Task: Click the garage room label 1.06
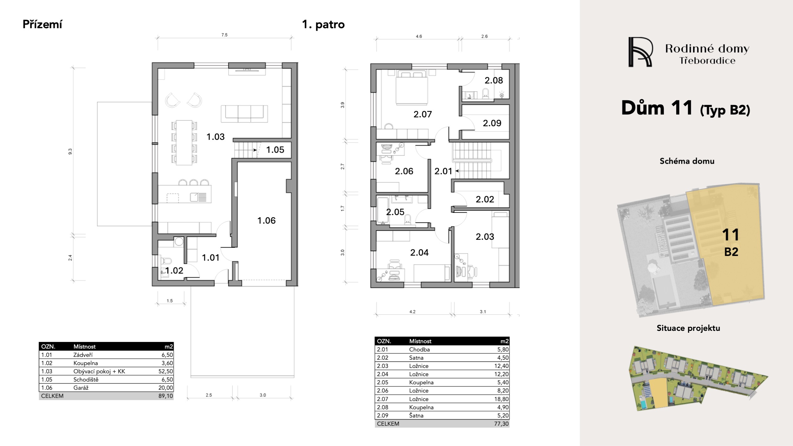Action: (x=266, y=220)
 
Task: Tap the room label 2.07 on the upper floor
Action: (x=423, y=114)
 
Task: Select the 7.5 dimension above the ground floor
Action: (x=225, y=35)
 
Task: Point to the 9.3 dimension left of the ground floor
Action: (x=70, y=152)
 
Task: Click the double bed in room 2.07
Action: (x=412, y=88)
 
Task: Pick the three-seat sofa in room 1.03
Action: (x=244, y=114)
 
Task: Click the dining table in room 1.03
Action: (x=184, y=142)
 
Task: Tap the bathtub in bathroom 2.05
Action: (x=383, y=210)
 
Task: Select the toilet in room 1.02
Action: (x=166, y=261)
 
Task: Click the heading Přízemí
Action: (x=43, y=24)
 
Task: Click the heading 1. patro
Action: (x=323, y=24)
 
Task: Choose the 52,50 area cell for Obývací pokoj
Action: (x=166, y=371)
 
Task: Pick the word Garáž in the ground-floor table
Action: (x=81, y=388)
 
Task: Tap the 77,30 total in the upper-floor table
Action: (x=501, y=423)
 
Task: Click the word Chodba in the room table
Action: (x=419, y=349)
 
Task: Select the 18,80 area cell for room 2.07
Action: (x=501, y=399)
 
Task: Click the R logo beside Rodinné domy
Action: (x=640, y=52)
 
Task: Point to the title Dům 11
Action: (x=657, y=108)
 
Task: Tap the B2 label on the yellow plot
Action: (x=731, y=252)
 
